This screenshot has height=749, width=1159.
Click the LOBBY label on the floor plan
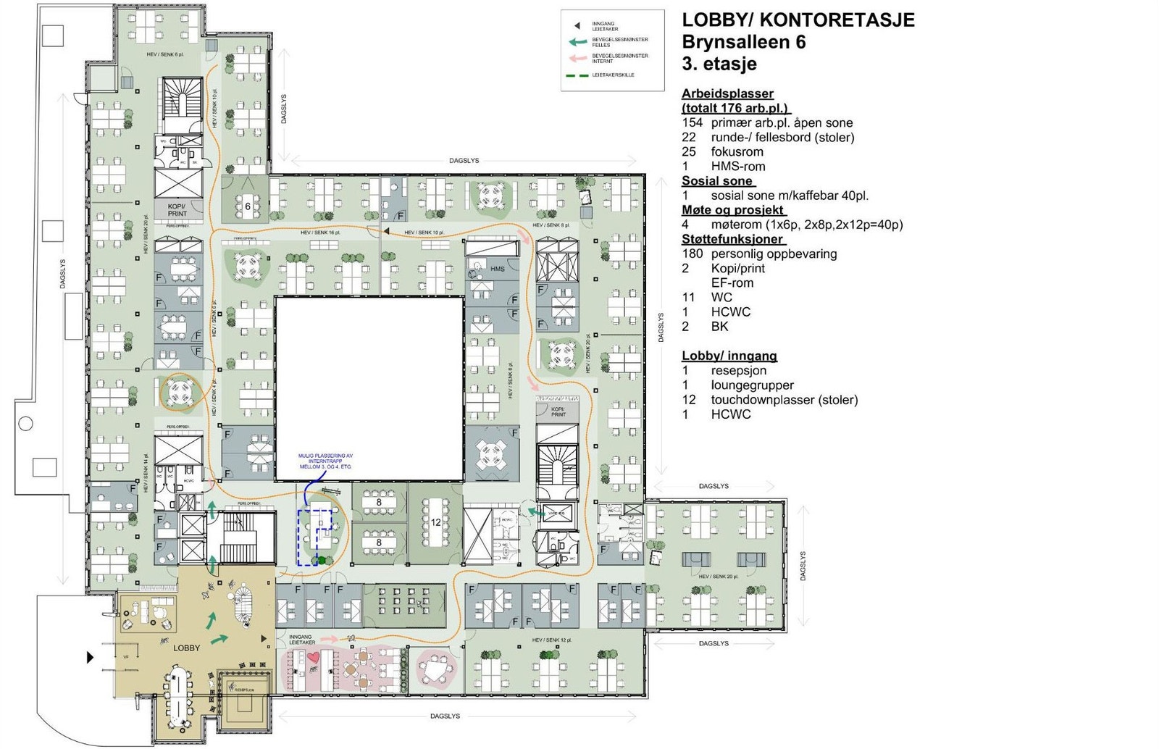click(x=186, y=648)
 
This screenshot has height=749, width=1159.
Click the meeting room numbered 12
click(x=435, y=522)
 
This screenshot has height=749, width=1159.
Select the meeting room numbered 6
click(x=247, y=206)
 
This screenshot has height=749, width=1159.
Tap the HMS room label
click(x=498, y=269)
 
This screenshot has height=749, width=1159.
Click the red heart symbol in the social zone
click(x=313, y=657)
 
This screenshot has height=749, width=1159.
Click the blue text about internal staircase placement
click(x=325, y=461)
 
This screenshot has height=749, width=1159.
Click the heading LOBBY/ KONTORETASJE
click(x=798, y=20)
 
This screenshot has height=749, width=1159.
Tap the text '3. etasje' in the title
click(x=719, y=64)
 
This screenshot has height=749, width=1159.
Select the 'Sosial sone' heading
click(x=717, y=181)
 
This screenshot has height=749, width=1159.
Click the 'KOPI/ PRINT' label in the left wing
click(x=177, y=210)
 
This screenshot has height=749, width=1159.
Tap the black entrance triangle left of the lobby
click(x=91, y=657)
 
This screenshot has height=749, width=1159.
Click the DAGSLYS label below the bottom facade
click(x=445, y=716)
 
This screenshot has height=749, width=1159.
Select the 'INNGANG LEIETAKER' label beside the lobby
click(x=301, y=640)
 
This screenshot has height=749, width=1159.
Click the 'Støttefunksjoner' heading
click(x=733, y=239)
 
